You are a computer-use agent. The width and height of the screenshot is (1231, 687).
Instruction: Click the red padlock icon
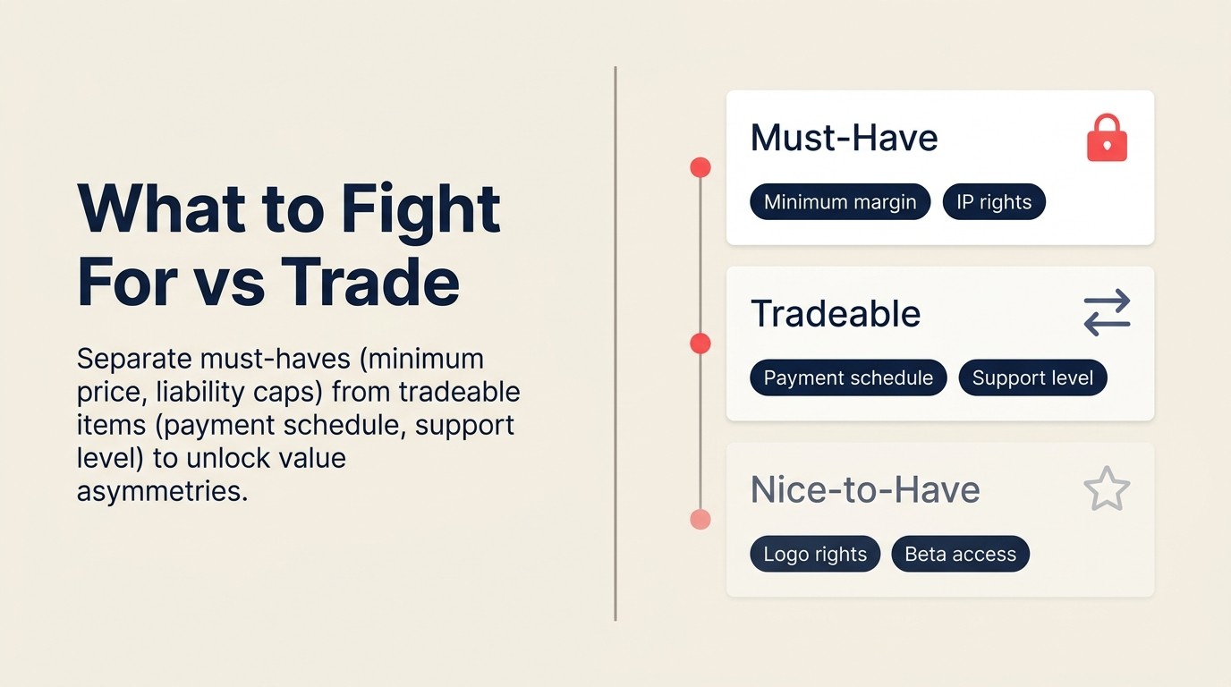[1107, 139]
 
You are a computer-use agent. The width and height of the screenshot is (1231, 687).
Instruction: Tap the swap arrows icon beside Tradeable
[1107, 313]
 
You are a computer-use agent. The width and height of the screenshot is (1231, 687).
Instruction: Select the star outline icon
[1107, 489]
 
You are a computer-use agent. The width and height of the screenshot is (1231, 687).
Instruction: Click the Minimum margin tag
[840, 202]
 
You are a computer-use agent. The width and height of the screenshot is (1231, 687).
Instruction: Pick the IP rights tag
[994, 202]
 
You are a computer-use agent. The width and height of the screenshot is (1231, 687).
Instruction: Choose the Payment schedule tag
[848, 378]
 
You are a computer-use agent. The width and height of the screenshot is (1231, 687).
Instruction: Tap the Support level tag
[1032, 378]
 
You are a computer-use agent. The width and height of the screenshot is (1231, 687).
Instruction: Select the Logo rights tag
[815, 555]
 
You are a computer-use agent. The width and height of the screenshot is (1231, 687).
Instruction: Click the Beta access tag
[960, 555]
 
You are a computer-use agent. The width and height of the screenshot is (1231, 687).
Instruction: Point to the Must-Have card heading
[844, 138]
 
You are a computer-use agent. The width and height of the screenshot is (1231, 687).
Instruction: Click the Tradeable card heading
[836, 314]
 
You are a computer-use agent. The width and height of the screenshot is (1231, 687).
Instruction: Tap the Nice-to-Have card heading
[865, 490]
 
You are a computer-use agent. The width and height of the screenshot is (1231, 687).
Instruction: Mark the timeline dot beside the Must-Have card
[700, 167]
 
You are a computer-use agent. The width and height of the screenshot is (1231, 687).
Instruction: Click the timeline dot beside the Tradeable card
[700, 343]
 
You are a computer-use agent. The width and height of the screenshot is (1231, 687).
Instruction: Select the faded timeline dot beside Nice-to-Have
[700, 520]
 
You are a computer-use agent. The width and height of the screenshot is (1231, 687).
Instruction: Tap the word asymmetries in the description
[162, 491]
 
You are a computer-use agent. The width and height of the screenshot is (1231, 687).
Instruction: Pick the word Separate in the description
[134, 359]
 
